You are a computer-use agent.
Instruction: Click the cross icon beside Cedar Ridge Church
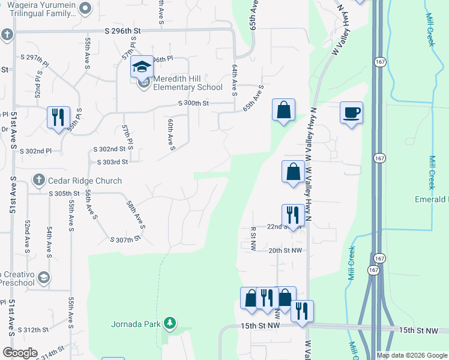[38, 180]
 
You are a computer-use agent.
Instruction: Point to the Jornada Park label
[136, 325]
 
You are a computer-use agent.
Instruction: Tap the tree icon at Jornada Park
[170, 324]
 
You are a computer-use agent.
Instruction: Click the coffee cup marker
[351, 112]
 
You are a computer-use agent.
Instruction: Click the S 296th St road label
[122, 30]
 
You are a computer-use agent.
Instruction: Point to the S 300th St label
[193, 103]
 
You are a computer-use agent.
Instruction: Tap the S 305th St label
[65, 193]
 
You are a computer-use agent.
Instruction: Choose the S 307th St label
[125, 239]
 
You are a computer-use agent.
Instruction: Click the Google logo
[20, 353]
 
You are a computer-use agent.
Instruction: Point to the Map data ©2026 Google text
[412, 355]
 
